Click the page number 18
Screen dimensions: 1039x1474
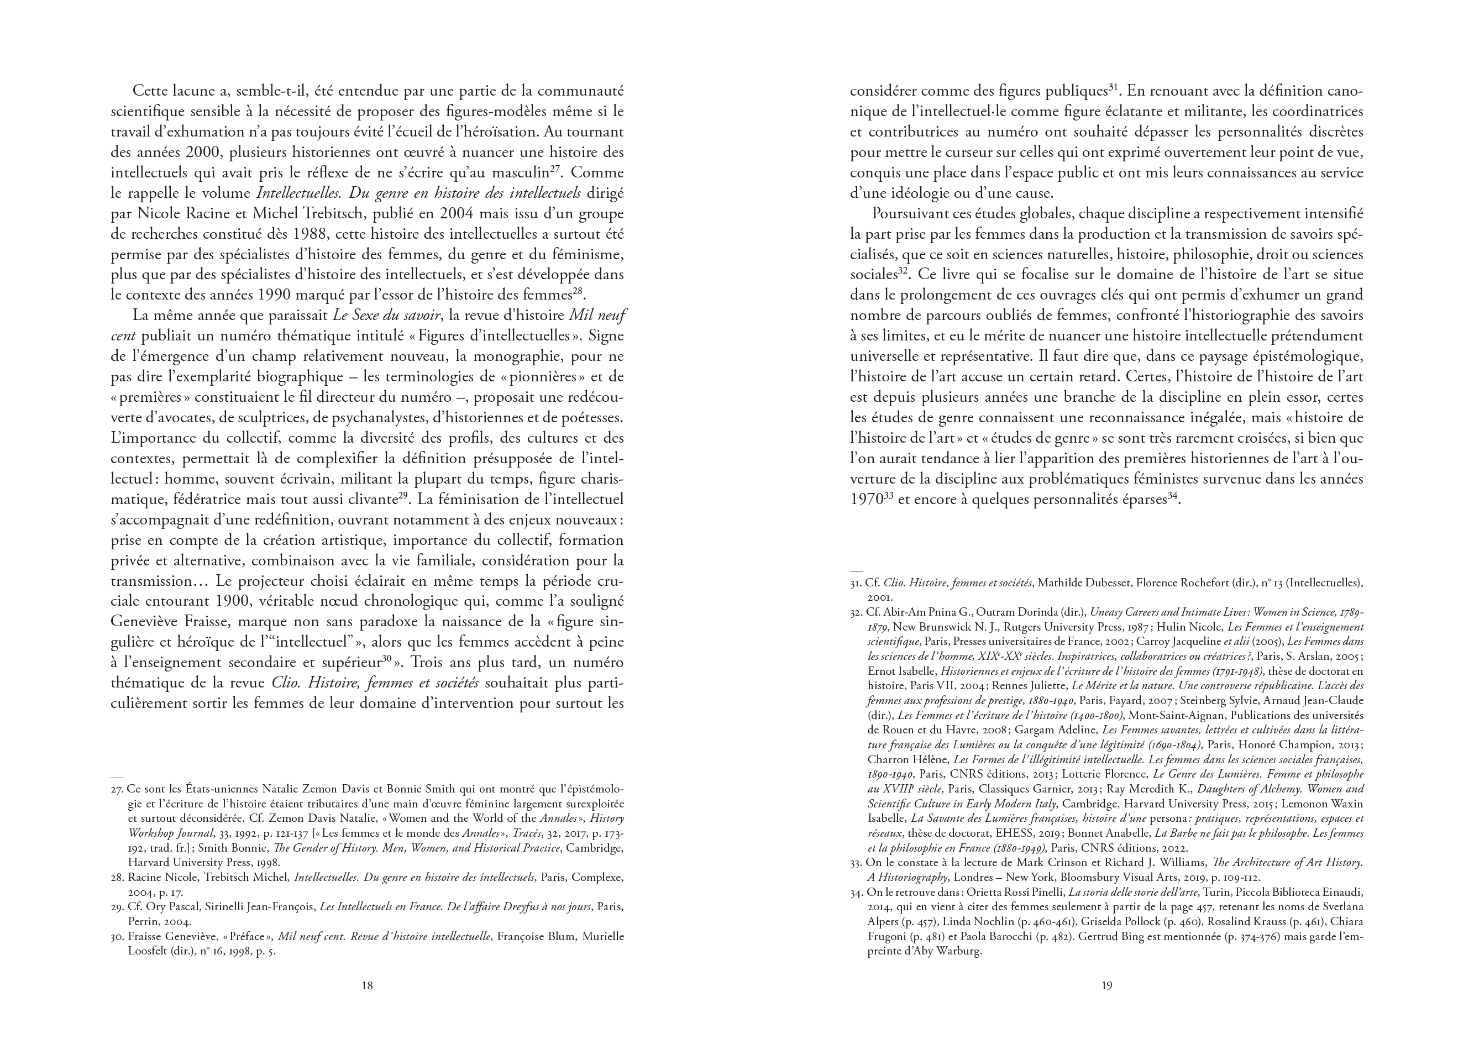click(367, 986)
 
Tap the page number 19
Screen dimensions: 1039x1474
click(1106, 986)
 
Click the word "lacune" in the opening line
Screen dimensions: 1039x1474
click(200, 91)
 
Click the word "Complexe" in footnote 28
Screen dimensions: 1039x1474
click(597, 877)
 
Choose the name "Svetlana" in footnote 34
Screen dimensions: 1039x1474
click(1342, 907)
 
